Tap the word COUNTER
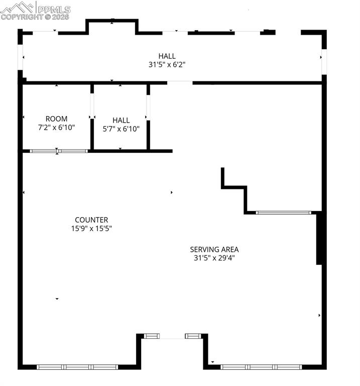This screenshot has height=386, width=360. (x=91, y=220)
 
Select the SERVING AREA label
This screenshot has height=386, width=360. (x=214, y=249)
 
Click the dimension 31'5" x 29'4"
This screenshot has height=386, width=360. (x=214, y=258)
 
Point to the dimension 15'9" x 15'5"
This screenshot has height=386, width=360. (x=91, y=228)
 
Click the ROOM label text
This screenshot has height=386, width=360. (x=56, y=119)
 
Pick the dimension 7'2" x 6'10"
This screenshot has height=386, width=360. (x=56, y=128)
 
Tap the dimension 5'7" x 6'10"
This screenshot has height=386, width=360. (x=121, y=129)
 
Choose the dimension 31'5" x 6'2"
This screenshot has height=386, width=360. (x=167, y=64)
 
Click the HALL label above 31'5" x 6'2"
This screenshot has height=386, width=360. (x=167, y=56)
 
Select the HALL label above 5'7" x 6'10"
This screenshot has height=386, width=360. (x=121, y=120)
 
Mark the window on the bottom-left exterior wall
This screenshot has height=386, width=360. (x=77, y=367)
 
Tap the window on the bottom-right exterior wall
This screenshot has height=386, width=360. (x=262, y=367)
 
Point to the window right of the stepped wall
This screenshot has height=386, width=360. (x=284, y=213)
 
